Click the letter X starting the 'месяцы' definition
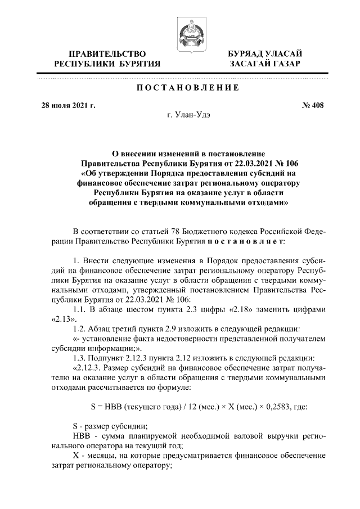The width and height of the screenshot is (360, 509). click(77, 455)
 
